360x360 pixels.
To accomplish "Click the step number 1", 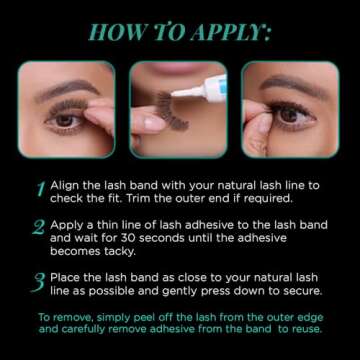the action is (41, 190).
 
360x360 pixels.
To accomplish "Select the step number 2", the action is (39, 227).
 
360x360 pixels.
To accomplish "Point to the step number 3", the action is (38, 283).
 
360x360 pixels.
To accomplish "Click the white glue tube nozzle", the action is (187, 92).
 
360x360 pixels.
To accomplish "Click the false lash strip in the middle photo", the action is (172, 111).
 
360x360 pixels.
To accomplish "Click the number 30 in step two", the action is (127, 239).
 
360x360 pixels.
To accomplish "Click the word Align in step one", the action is (64, 187).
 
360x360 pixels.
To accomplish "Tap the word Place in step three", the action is (65, 278).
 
